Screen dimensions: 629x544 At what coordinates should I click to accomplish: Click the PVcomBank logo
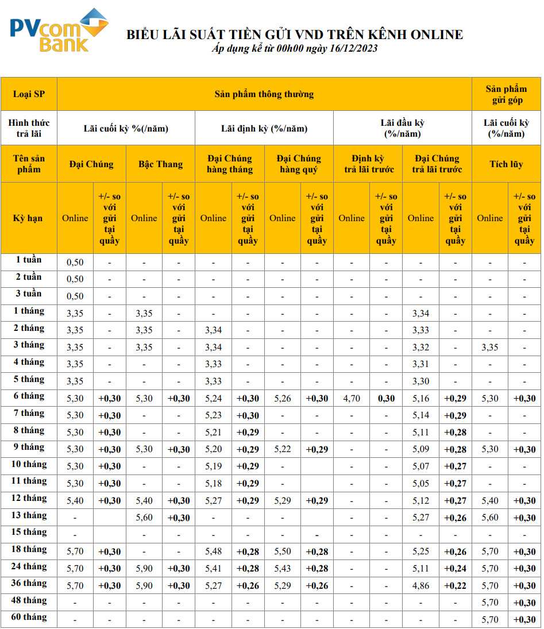(x=57, y=31)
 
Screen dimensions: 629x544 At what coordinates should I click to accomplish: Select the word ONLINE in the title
(x=437, y=34)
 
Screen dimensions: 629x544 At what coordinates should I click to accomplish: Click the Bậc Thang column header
(x=160, y=164)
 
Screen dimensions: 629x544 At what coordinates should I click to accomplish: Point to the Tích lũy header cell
(x=506, y=164)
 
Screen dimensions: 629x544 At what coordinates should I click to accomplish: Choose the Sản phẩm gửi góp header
(x=506, y=94)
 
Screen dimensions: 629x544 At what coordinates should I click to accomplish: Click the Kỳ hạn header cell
(x=29, y=218)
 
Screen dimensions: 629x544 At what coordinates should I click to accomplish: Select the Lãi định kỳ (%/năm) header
(x=264, y=128)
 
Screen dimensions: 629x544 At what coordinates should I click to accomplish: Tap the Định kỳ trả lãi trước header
(x=369, y=164)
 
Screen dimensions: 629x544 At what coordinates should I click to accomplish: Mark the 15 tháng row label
(x=29, y=532)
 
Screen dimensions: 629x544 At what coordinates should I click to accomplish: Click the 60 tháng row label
(x=29, y=618)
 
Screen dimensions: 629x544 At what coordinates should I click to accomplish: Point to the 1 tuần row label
(x=29, y=260)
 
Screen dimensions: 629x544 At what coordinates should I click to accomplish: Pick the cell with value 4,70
(x=351, y=398)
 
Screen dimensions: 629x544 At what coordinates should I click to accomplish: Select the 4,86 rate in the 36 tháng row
(x=420, y=586)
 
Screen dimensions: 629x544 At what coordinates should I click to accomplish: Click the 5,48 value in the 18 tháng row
(x=213, y=551)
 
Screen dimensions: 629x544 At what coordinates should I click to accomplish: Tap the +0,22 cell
(x=455, y=586)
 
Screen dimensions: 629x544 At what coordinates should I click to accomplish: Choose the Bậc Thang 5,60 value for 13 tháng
(x=144, y=518)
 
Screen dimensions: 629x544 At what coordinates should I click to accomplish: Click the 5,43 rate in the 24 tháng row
(x=282, y=569)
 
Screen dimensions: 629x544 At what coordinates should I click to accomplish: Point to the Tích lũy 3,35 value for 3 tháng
(x=489, y=347)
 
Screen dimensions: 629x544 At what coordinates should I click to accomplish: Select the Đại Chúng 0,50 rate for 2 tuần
(x=75, y=279)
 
